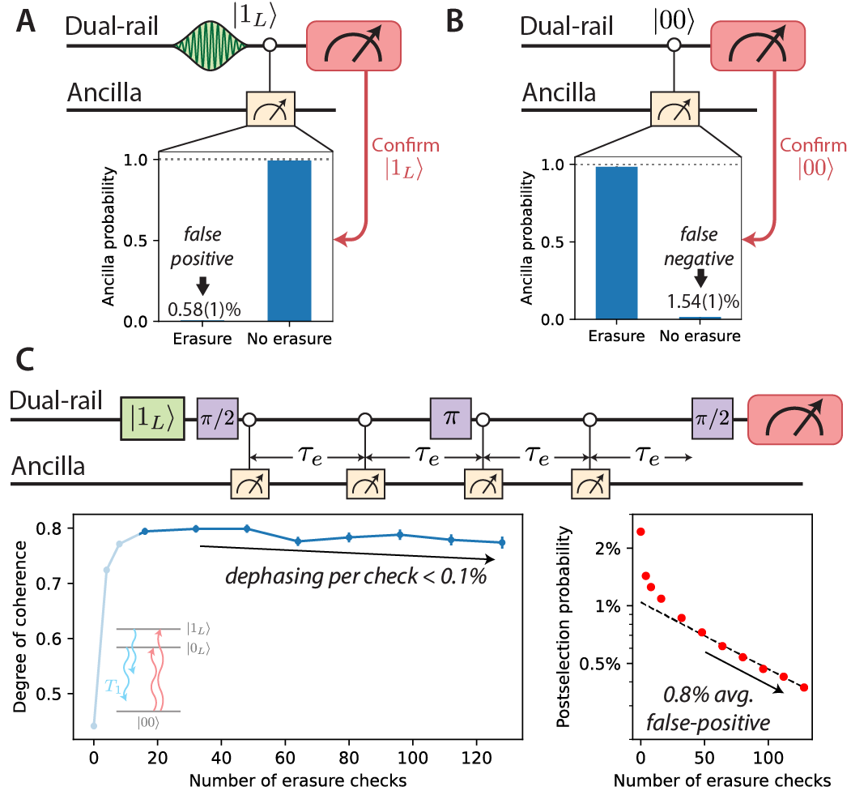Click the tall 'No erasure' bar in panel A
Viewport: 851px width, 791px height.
[289, 241]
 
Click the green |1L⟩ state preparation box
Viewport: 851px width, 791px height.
[154, 419]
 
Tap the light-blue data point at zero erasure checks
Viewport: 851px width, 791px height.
[94, 725]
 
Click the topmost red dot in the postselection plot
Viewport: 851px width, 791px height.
[640, 532]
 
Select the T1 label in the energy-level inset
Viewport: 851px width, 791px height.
[116, 686]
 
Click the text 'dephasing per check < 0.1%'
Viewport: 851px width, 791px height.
[361, 578]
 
